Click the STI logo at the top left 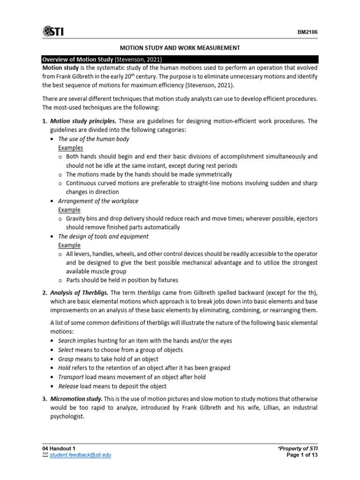tap(53, 31)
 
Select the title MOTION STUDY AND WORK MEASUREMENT tap(180, 48)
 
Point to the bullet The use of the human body tap(93, 139)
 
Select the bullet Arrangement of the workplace tap(98, 201)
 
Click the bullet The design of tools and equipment tap(103, 236)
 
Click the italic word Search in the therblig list tap(67, 341)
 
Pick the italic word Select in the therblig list tap(66, 350)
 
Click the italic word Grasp tap(66, 359)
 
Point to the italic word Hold tap(64, 368)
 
